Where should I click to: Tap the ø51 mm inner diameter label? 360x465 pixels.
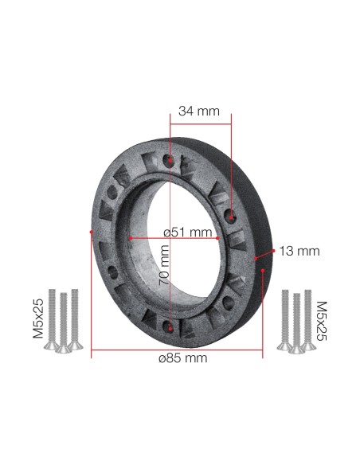187,232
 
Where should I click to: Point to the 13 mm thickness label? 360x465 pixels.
299,251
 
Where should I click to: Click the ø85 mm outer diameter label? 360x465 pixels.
183,358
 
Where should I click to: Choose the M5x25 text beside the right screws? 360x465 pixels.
322,319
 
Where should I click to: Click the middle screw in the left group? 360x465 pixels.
63,322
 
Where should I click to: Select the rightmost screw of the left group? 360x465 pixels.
75,318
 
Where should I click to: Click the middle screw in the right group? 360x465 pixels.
295,322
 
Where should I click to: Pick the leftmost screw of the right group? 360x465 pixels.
284,318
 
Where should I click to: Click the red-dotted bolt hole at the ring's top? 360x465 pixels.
170,162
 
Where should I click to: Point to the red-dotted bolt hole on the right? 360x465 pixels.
230,215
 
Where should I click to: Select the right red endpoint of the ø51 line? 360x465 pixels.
219,237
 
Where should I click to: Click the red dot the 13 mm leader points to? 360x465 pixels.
256,259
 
